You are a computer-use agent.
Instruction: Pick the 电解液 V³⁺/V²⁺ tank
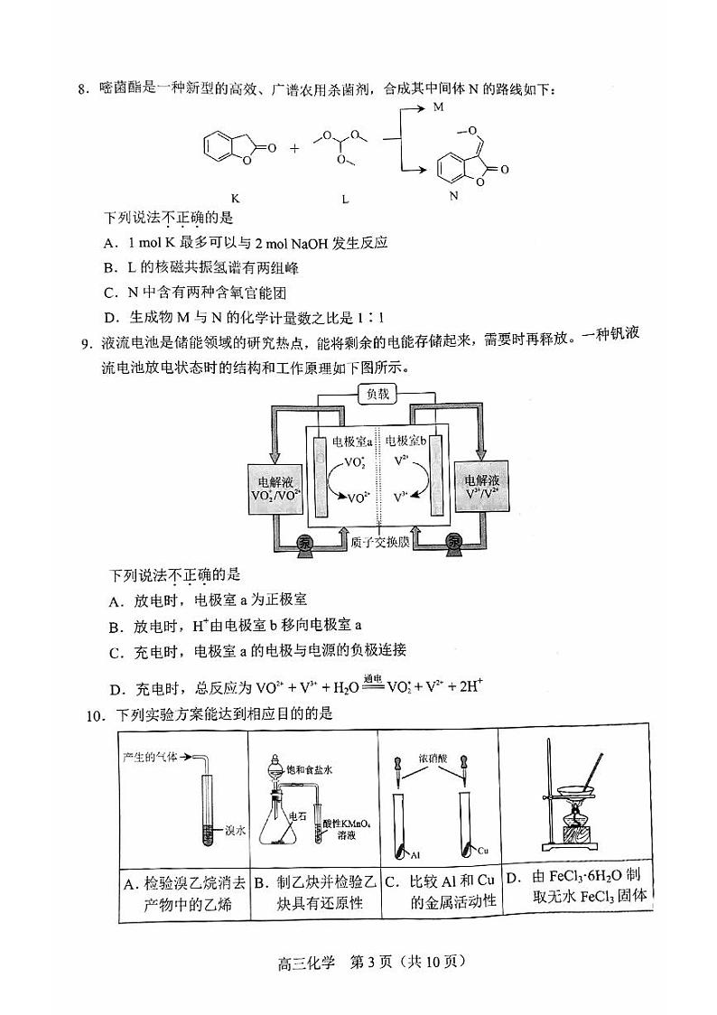click(481, 488)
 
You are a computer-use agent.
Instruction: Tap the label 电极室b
click(405, 441)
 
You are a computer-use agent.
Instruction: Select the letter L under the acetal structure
click(344, 196)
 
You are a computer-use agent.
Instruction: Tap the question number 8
click(82, 88)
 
